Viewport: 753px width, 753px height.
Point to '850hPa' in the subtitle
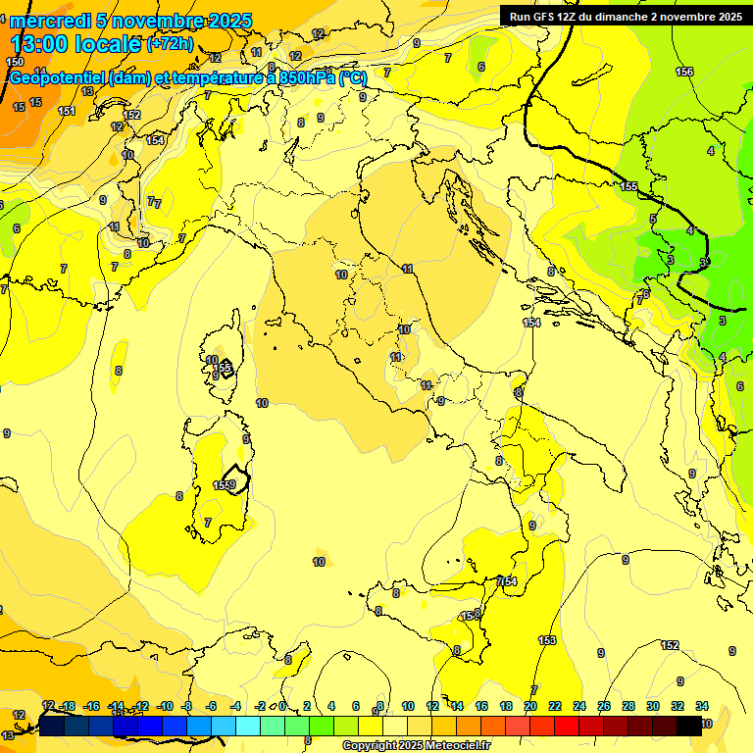(303, 78)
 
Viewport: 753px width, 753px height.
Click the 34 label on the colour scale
(702, 706)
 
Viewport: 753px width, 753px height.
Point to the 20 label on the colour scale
(530, 706)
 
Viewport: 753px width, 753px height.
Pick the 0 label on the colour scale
(282, 706)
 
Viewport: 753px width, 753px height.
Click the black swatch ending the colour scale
(689, 726)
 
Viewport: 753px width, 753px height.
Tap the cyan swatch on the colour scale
(248, 726)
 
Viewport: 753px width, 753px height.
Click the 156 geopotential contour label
(684, 72)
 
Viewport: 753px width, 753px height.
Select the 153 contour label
(547, 640)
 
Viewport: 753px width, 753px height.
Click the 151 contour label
(67, 111)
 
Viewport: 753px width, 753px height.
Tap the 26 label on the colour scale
(604, 706)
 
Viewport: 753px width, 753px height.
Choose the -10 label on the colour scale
(166, 706)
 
